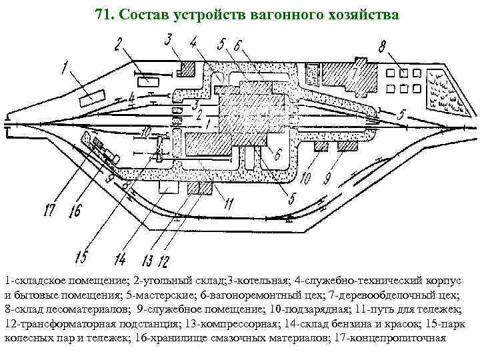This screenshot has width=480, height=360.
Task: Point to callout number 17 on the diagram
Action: click(49, 211)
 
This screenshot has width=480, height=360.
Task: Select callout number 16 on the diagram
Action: click(73, 211)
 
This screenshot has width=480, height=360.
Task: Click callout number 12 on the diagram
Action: click(164, 259)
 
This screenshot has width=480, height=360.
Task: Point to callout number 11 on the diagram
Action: click(229, 202)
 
